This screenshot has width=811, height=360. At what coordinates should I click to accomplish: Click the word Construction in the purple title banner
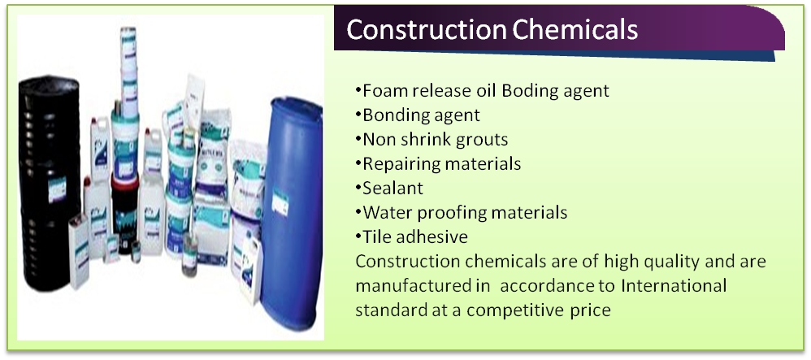426,30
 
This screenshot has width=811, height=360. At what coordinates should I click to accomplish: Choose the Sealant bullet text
393,189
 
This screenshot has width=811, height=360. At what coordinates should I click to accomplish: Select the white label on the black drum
56,190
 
